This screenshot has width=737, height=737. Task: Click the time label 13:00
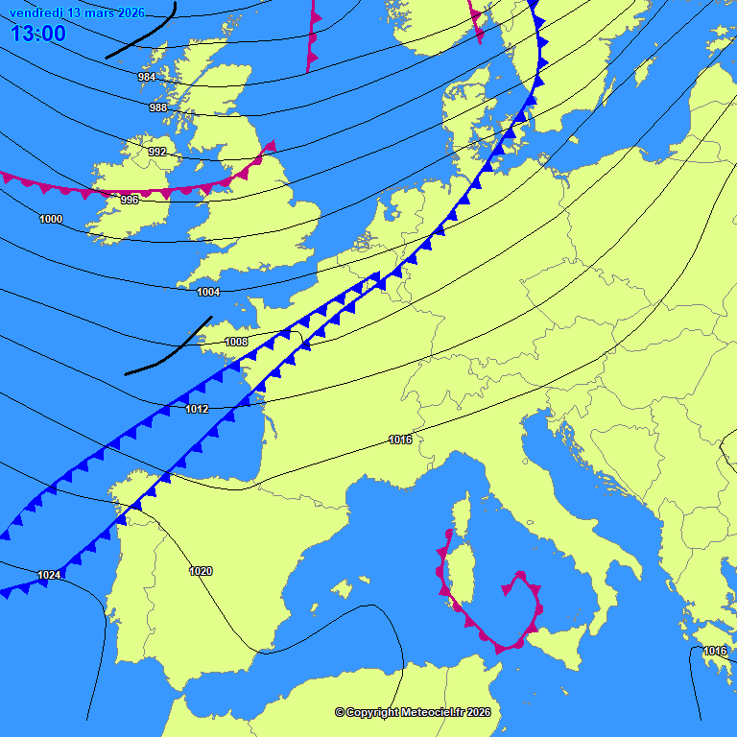[38, 35]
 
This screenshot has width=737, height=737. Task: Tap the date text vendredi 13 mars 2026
[77, 12]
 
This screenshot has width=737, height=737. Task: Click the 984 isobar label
[147, 77]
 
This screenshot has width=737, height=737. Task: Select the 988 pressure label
[158, 107]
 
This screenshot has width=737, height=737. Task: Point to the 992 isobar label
[157, 152]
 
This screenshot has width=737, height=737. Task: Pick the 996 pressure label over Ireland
[130, 200]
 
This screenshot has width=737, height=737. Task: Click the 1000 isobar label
[51, 219]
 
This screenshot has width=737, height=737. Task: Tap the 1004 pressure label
[208, 292]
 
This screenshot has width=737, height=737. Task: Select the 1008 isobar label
[236, 342]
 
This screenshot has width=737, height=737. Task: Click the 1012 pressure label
[197, 410]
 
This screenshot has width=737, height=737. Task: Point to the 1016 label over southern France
[400, 440]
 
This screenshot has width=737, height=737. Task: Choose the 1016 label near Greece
[715, 651]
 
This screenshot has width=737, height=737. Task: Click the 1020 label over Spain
[201, 571]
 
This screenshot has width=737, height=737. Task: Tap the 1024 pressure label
[49, 575]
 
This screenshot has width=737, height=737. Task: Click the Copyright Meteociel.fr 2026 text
[413, 712]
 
